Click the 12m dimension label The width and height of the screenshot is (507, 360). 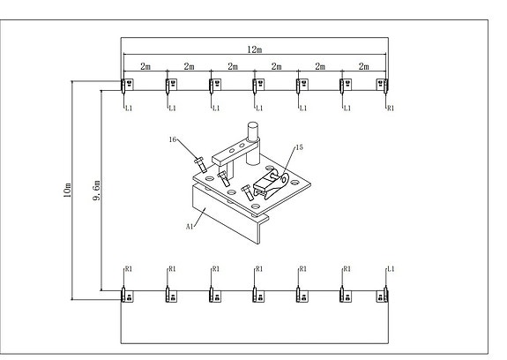255,49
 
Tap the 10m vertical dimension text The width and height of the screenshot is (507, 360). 67,191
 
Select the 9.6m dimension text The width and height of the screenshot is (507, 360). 97,191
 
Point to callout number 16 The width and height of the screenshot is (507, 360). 173,139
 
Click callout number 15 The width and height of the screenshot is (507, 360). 300,147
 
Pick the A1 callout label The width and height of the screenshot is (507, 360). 190,227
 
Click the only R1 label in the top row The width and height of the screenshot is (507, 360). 391,109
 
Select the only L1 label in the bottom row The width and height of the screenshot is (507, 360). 391,269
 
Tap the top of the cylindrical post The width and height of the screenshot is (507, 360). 253,125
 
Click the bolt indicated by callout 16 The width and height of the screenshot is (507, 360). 200,164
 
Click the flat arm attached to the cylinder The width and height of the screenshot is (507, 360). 234,152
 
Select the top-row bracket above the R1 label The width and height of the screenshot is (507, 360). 382,85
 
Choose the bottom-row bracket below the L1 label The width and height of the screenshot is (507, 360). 382,295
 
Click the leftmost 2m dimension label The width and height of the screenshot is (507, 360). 145,67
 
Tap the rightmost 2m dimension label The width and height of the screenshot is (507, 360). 364,67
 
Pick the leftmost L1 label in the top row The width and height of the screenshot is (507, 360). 129,109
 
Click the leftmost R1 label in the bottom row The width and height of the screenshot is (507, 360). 129,269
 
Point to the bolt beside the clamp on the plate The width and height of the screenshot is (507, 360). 248,192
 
